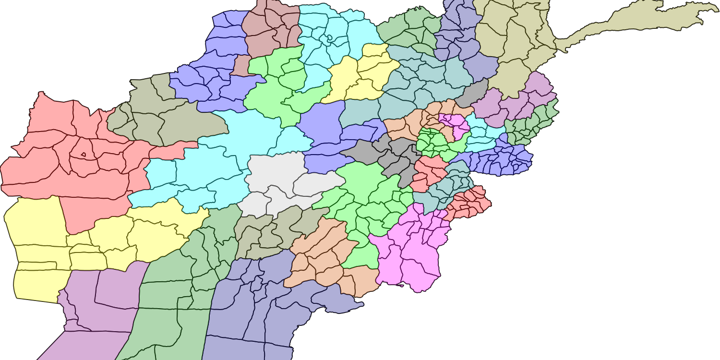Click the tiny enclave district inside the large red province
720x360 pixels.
click(x=84, y=155)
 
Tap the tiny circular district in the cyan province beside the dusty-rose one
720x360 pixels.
click(x=330, y=37)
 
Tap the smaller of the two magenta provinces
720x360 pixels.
click(x=454, y=124)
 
